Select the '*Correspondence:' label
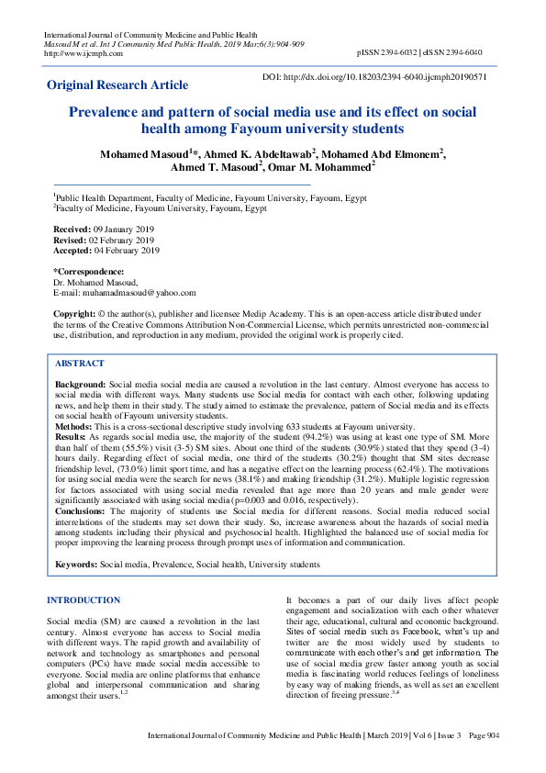(x=89, y=272)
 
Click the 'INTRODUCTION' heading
(x=83, y=600)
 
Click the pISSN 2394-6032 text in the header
(x=393, y=53)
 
